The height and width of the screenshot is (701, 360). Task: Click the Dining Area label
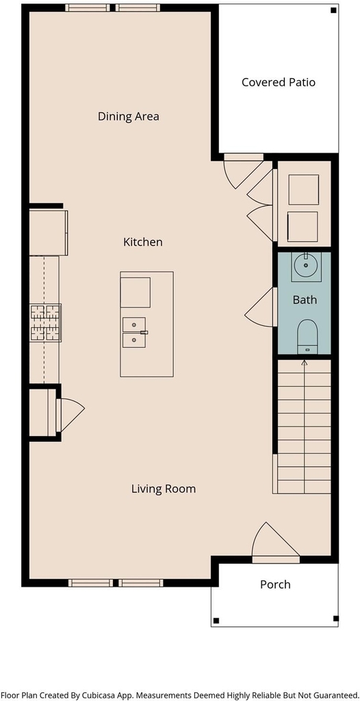pos(129,116)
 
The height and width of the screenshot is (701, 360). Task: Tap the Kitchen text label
pos(142,242)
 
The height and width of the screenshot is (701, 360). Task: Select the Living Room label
pos(163,489)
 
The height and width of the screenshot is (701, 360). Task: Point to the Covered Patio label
pos(278,82)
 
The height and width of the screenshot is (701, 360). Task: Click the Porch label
pos(275,585)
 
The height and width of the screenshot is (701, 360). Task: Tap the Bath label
pos(305,300)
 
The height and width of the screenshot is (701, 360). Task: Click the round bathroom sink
pos(306,266)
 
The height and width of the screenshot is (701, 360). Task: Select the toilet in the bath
pos(307,336)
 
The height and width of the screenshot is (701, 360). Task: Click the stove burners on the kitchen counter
pos(45,323)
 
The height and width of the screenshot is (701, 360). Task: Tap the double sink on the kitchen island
pos(134,333)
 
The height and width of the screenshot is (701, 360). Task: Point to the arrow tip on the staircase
pos(304,361)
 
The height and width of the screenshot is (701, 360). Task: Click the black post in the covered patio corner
pos(333,10)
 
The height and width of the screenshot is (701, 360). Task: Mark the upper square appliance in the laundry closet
pos(304,190)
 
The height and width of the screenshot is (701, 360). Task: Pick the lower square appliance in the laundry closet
pos(303,227)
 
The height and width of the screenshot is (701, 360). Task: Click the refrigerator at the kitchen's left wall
pos(49,232)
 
